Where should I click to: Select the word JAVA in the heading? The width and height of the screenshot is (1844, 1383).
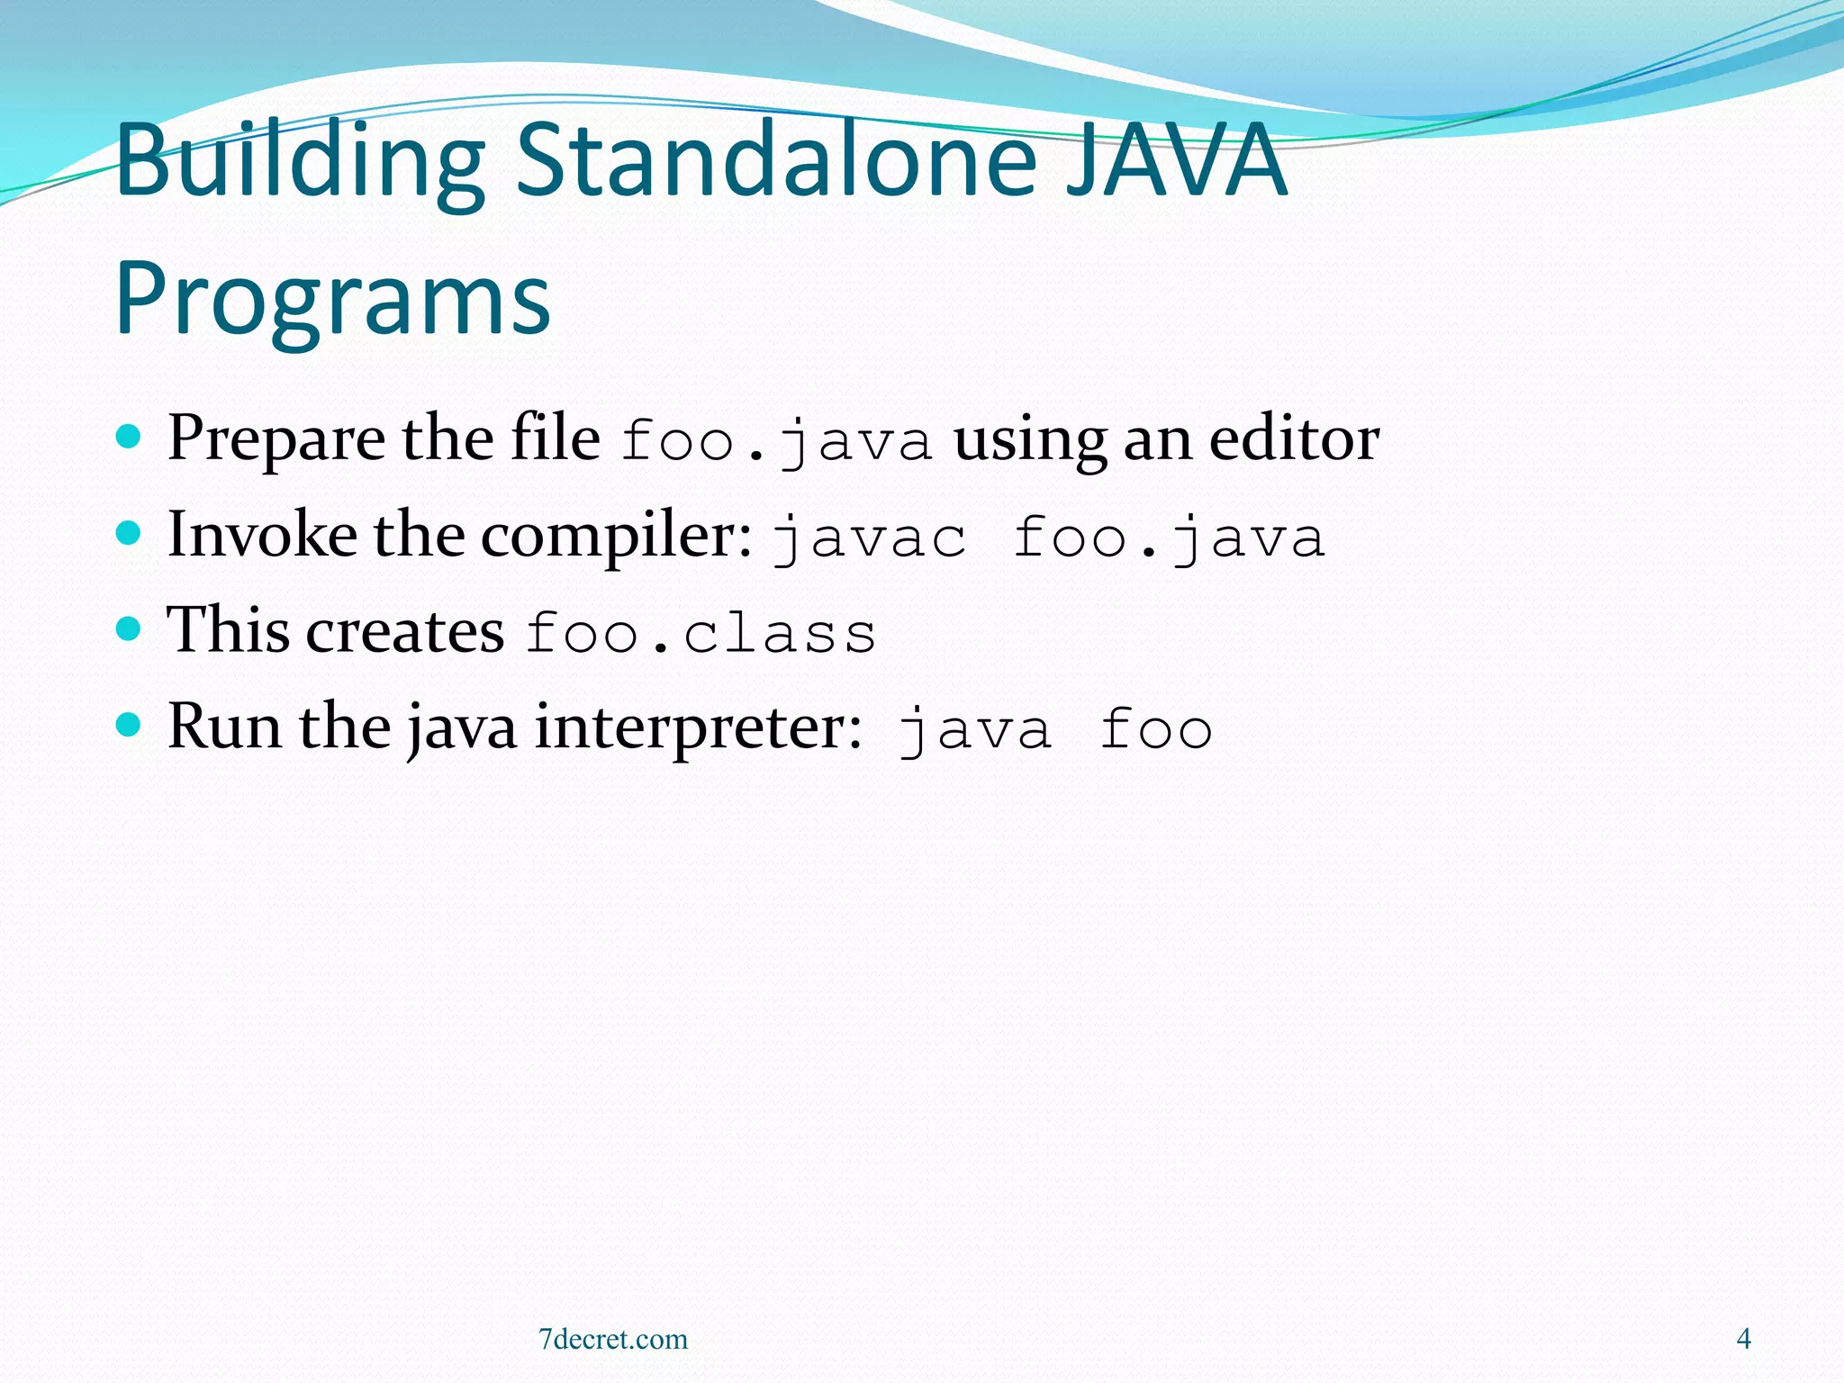coord(1176,162)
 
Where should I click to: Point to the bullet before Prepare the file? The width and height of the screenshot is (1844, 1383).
coord(130,438)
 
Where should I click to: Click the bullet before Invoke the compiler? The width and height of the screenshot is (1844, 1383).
coord(130,534)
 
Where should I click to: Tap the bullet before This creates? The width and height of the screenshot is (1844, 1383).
coord(130,628)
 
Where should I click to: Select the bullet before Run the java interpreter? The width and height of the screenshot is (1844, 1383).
coord(130,725)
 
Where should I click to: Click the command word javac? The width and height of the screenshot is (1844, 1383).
coord(870,538)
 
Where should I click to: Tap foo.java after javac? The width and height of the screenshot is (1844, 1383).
coord(1169,538)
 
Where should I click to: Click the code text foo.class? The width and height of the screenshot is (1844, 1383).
coord(701,633)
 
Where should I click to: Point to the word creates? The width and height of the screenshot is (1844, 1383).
coord(405,631)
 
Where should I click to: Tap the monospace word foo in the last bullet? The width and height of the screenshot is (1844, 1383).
coord(1156,729)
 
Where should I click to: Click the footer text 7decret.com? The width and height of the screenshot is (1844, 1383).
coord(613,1340)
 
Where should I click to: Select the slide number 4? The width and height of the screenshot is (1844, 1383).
coord(1743,1339)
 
